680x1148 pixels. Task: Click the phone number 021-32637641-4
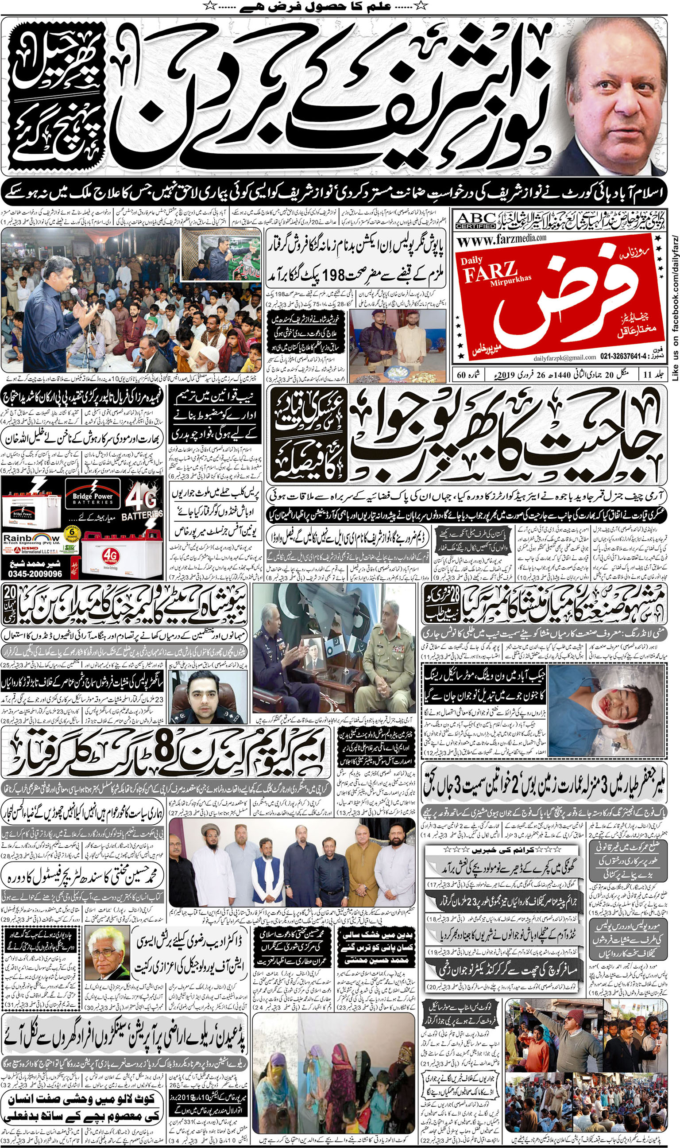[630, 357]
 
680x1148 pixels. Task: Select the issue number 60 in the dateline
[462, 375]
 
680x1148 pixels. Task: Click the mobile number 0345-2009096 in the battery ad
[31, 574]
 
